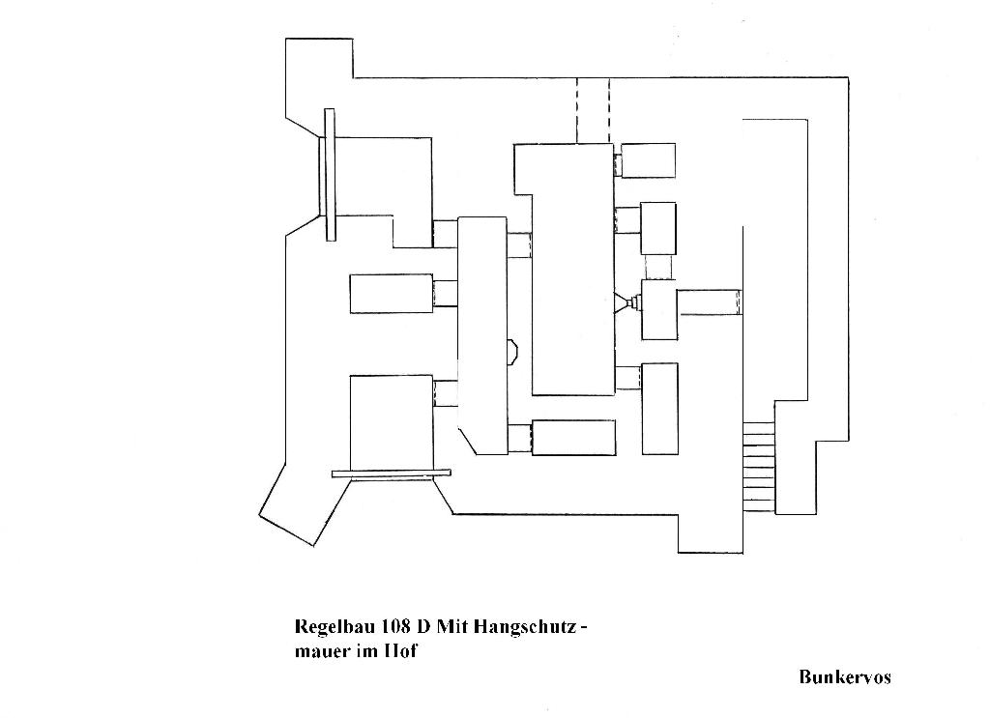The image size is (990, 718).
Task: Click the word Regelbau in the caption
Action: (x=335, y=627)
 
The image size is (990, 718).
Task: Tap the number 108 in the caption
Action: (x=394, y=626)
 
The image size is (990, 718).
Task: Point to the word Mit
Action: (x=451, y=626)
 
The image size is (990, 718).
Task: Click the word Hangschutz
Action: (x=524, y=627)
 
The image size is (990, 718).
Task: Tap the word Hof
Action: (x=401, y=650)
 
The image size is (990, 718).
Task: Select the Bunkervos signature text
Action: (x=845, y=677)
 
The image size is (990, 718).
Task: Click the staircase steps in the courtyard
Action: (x=758, y=466)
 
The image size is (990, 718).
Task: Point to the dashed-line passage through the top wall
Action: (x=593, y=110)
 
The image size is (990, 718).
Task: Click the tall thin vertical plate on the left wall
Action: (x=330, y=174)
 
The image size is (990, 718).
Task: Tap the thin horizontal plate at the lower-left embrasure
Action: (x=392, y=474)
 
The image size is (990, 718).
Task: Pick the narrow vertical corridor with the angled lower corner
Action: (x=482, y=335)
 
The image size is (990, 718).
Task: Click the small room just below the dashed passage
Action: (x=648, y=160)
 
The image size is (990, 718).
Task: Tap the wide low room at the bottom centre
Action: (x=573, y=437)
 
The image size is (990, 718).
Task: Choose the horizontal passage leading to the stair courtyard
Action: (x=709, y=302)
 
